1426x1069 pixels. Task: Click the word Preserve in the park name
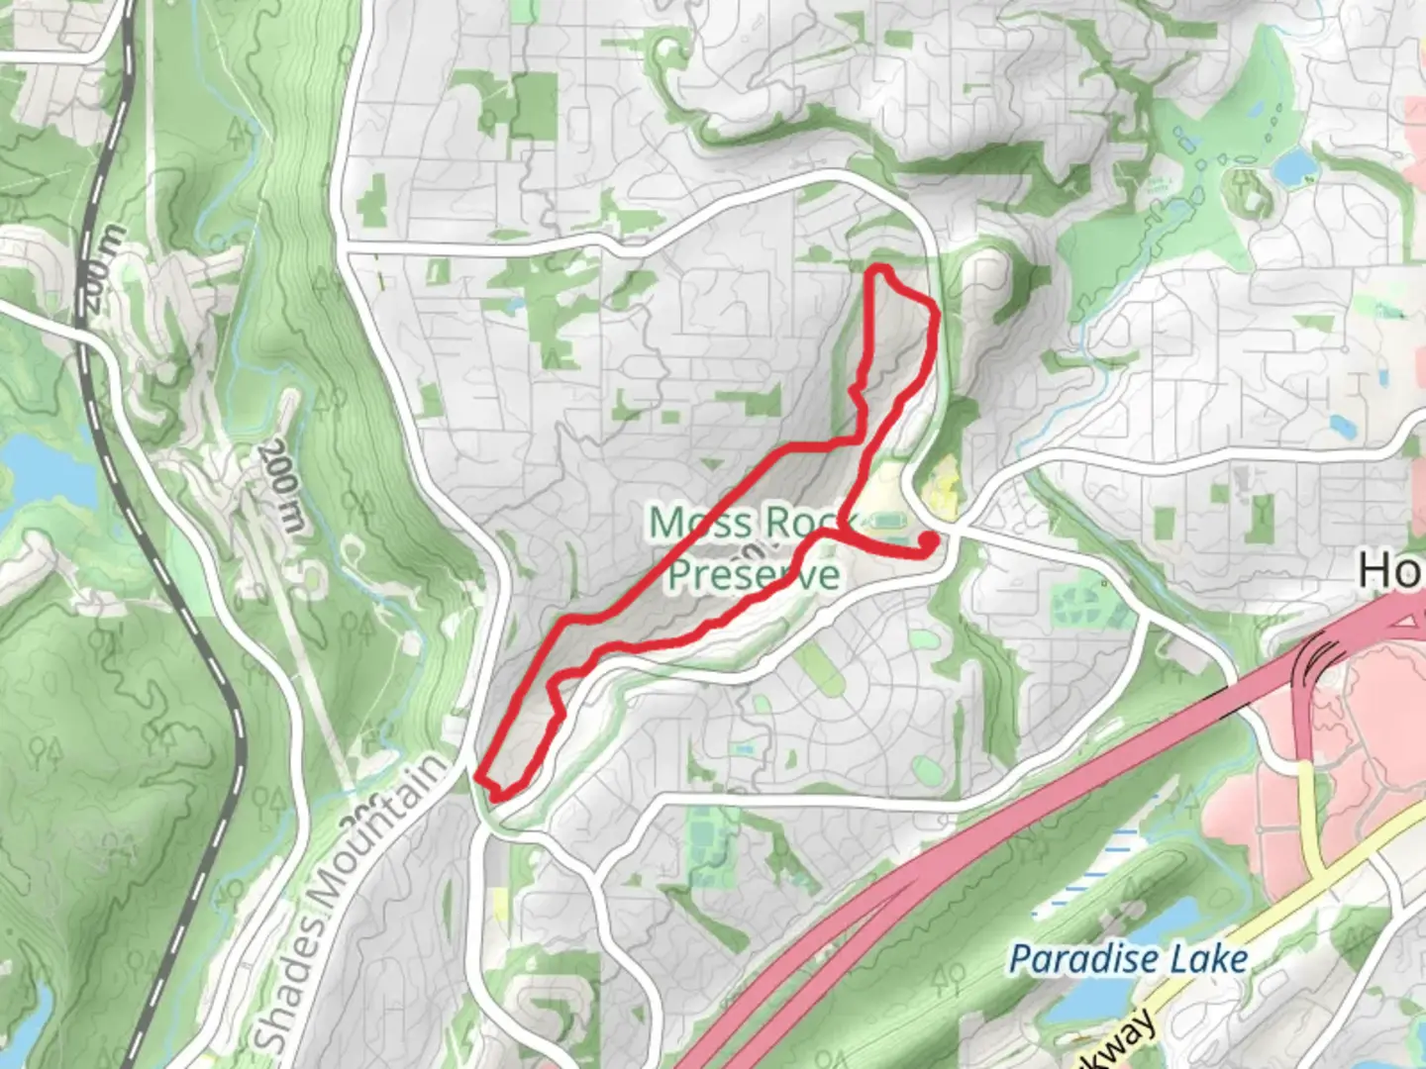[x=753, y=574]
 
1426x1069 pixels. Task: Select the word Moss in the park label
[x=692, y=522]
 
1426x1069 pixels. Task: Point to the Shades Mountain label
[x=352, y=901]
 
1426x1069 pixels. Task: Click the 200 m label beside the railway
[x=102, y=269]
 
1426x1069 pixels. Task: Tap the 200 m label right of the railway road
[x=280, y=485]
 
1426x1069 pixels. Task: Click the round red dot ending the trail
[x=930, y=539]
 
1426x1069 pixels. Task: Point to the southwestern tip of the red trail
[x=479, y=778]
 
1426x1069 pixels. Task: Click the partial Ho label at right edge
[x=1390, y=570]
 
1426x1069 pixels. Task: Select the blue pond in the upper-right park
[x=1292, y=168]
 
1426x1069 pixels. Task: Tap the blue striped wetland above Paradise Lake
[x=1099, y=871]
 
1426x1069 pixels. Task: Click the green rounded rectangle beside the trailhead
[x=884, y=520]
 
